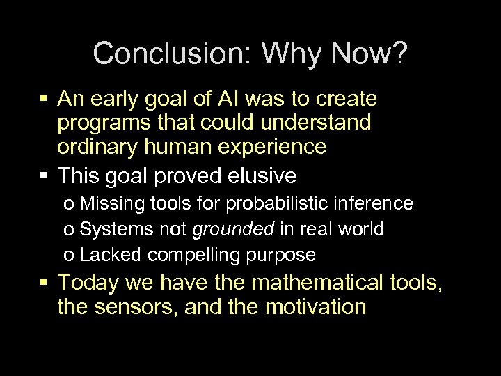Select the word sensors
135,307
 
